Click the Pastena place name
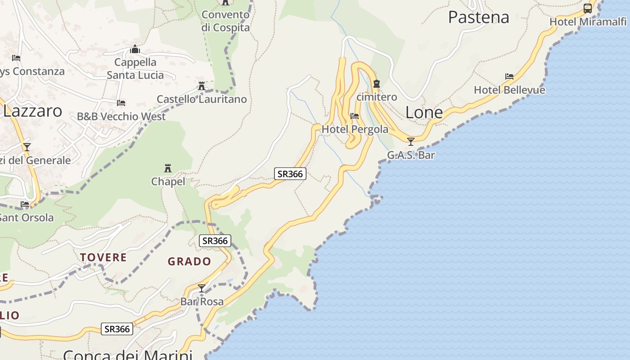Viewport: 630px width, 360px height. point(478,17)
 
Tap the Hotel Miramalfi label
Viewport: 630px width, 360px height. point(588,22)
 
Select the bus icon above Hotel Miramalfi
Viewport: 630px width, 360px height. point(588,8)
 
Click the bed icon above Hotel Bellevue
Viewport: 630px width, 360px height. point(509,76)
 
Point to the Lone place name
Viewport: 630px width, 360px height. point(424,112)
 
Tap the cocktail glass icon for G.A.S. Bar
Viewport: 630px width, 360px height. point(410,142)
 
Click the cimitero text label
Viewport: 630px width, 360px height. point(377,97)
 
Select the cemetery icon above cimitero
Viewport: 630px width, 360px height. point(377,84)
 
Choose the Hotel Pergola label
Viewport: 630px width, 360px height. point(355,129)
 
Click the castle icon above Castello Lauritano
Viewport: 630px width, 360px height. point(202,85)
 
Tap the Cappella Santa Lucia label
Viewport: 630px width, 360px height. point(135,68)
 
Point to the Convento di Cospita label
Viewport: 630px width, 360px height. point(225,21)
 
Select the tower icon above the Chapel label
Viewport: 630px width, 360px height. point(168,169)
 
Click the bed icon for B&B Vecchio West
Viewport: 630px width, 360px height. point(121,103)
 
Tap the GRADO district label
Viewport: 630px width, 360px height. point(189,261)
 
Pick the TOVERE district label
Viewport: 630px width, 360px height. point(103,257)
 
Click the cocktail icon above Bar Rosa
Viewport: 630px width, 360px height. point(202,288)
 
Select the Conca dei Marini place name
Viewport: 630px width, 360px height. point(128,355)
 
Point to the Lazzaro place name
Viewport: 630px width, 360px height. point(32,111)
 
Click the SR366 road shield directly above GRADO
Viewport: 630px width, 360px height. point(215,241)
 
